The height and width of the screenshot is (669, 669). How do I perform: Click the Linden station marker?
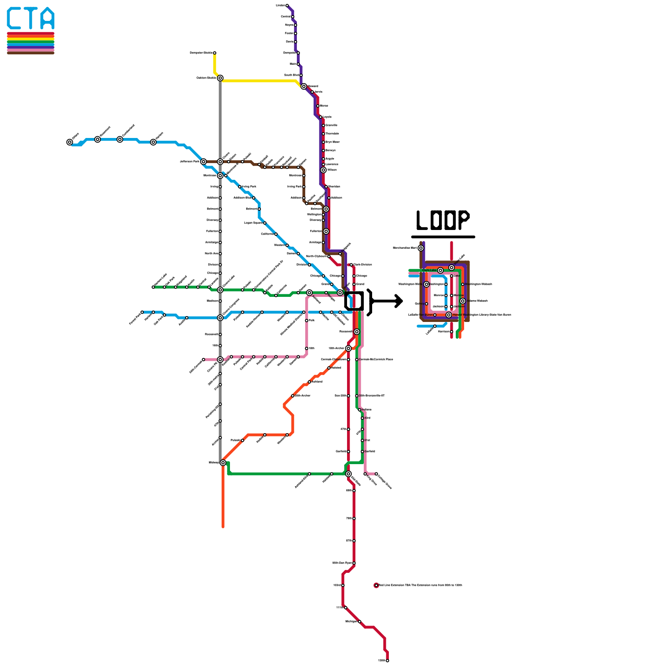287,5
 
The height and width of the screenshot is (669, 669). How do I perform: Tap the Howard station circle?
304,87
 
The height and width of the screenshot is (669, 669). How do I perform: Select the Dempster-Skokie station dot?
214,53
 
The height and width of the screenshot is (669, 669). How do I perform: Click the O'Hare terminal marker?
70,142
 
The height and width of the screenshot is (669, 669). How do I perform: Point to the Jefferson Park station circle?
204,162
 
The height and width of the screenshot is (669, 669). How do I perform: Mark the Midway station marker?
223,463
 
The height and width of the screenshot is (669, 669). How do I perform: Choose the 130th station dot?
388,661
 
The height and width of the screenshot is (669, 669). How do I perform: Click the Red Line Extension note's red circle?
376,585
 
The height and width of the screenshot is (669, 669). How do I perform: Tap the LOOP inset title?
443,220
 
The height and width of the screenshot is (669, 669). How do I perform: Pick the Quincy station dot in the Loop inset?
426,304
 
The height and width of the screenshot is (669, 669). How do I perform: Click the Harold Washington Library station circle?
449,315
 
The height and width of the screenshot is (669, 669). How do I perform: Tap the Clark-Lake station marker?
440,271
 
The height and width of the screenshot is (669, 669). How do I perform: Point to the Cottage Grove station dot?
376,474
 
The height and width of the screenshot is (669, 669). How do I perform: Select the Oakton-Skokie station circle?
220,78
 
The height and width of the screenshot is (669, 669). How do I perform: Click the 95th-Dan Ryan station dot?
354,563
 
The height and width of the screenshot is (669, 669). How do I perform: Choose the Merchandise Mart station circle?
421,248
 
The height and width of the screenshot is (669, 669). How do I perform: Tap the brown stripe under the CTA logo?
31,53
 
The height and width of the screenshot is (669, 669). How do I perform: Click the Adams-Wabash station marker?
463,301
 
